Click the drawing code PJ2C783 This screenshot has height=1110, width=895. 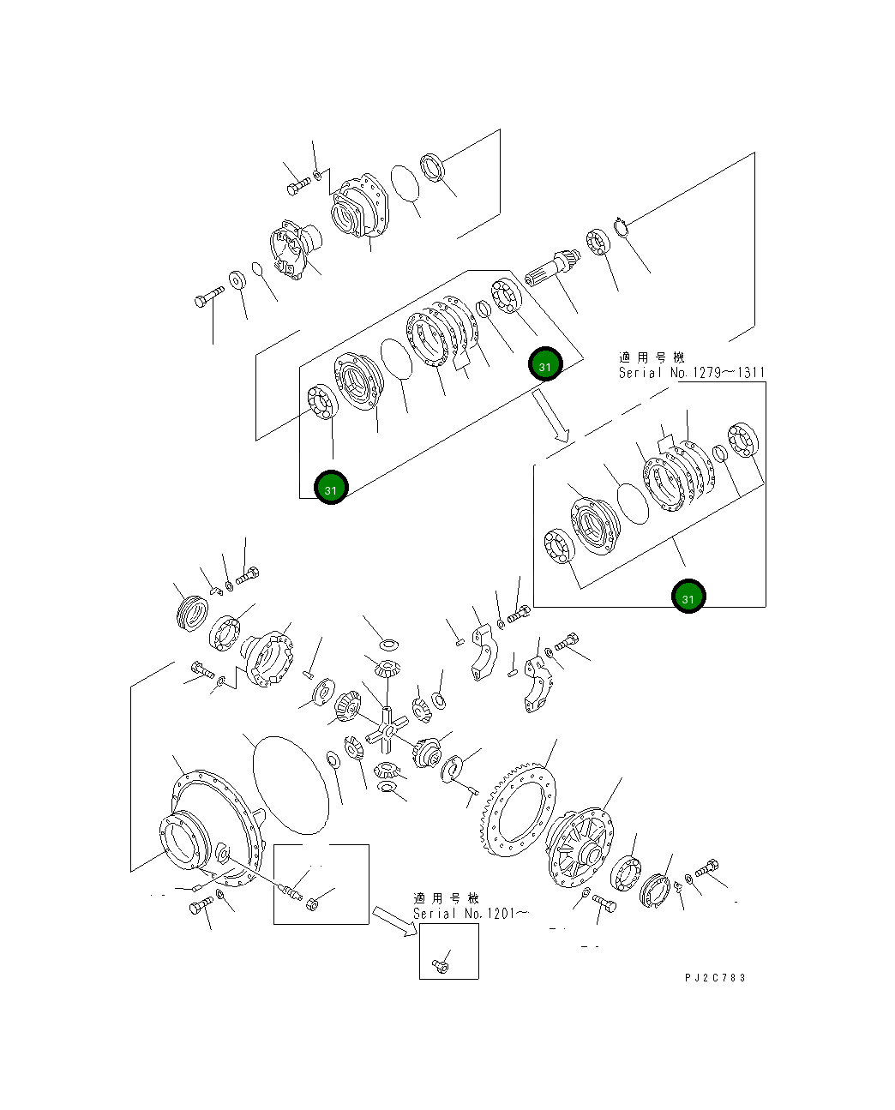pos(714,977)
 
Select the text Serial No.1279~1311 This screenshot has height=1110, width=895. pos(691,373)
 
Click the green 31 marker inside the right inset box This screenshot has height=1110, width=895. pos(688,597)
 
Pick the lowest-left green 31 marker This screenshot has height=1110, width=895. pos(331,489)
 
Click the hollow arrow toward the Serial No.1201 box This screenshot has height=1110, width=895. pos(393,919)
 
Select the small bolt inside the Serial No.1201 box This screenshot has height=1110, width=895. pos(441,966)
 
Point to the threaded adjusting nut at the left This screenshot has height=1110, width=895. pos(191,614)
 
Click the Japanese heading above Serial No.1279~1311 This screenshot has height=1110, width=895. pos(652,357)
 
